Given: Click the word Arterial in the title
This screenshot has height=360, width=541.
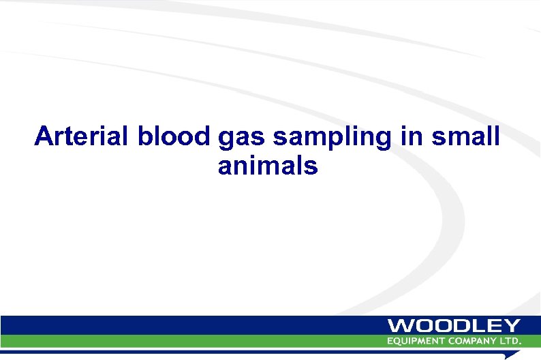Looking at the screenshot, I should point(83,136).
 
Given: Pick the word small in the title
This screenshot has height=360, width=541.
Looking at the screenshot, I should point(465,136).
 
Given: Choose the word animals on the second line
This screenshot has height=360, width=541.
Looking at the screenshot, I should point(268,165).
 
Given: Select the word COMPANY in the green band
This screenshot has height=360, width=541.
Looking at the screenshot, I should point(473,340).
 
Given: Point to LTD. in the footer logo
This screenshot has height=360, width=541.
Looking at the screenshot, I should point(510,340).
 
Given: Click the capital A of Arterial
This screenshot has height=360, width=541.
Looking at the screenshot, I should point(45,136).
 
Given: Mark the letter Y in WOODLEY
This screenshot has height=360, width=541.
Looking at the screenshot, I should point(512,326).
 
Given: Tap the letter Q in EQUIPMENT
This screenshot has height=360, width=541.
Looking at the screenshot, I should point(397,340).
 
